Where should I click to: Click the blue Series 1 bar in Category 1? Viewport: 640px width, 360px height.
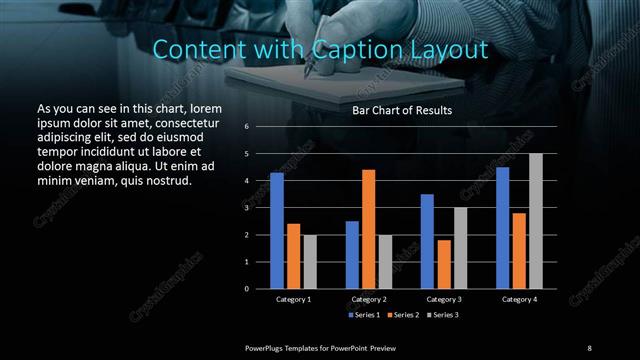(277, 231)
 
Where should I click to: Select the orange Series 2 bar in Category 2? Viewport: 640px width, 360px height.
(368, 229)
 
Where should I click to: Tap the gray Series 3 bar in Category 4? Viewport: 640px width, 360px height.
(535, 221)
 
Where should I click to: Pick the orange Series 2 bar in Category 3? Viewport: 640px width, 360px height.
(443, 264)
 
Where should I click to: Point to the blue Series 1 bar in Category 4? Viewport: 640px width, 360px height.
(502, 228)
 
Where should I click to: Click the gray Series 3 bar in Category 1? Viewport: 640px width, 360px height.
(309, 262)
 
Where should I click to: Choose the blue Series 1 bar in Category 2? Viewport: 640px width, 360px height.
(352, 255)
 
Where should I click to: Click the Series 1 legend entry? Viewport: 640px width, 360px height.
(363, 315)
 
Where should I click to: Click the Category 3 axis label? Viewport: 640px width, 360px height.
(443, 299)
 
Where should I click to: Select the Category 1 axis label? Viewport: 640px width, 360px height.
(293, 299)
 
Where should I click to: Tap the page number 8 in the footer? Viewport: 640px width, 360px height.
(589, 347)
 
